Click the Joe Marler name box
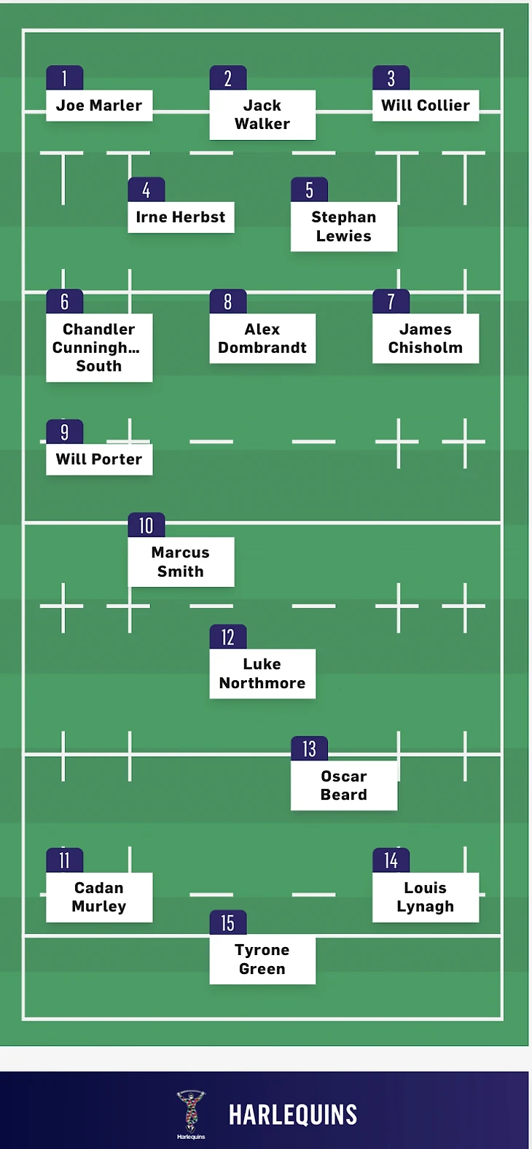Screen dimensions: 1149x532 coord(99,106)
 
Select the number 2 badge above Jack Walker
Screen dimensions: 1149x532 coord(228,79)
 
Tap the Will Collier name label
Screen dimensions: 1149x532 coord(426,106)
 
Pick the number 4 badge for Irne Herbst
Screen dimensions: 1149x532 coord(146,190)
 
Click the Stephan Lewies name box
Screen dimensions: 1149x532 coord(344,227)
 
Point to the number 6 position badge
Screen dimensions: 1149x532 coord(65,302)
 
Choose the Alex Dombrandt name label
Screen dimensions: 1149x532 coord(262,338)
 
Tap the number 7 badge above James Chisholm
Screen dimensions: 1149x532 coord(391,302)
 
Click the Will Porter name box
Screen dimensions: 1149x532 coord(99,459)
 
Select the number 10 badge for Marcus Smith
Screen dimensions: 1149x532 coord(146,526)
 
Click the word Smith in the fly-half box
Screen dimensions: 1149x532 coord(181,572)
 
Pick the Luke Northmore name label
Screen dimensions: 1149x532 coord(262,674)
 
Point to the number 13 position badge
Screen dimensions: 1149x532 coord(310,749)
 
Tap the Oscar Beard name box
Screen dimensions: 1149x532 coord(344,785)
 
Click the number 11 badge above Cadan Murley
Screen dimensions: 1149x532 coord(65,861)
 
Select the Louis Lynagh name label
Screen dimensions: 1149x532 coord(426,897)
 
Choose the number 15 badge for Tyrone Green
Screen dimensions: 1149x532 coord(228,923)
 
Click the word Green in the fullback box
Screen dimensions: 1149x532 coord(262,969)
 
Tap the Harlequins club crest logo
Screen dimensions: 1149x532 coord(191,1113)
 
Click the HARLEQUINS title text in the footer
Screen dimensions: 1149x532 coord(293,1115)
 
